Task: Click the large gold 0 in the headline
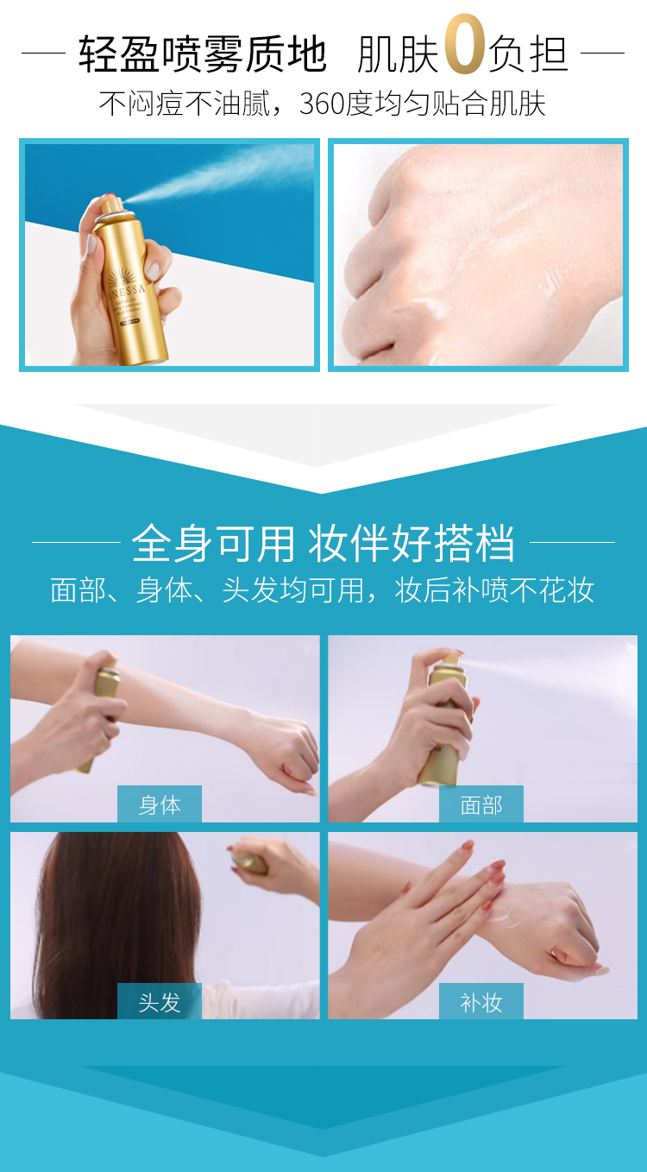coord(465,44)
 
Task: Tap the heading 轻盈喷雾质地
coord(203,54)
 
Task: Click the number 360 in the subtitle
coord(321,104)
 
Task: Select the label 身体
coord(160,804)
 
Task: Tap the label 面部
coord(481,804)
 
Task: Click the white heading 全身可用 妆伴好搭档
coord(323,543)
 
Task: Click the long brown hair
coord(117,921)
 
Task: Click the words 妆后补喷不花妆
coord(494,590)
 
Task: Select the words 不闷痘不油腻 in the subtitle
coord(185,104)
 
